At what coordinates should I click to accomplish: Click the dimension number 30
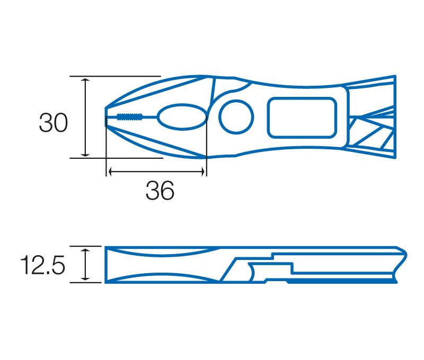[x=54, y=123]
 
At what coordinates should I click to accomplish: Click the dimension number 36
[x=160, y=191]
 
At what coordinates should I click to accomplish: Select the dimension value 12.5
[x=42, y=265]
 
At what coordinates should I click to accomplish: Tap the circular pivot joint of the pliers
[x=236, y=117]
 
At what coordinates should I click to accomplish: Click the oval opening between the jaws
[x=182, y=117]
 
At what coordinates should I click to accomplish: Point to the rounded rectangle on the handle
[x=302, y=118]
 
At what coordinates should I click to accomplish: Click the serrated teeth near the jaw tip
[x=130, y=116]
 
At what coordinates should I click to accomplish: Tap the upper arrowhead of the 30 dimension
[x=85, y=81]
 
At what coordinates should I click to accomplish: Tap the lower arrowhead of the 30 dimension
[x=85, y=154]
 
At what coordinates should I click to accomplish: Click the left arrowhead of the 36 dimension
[x=111, y=171]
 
